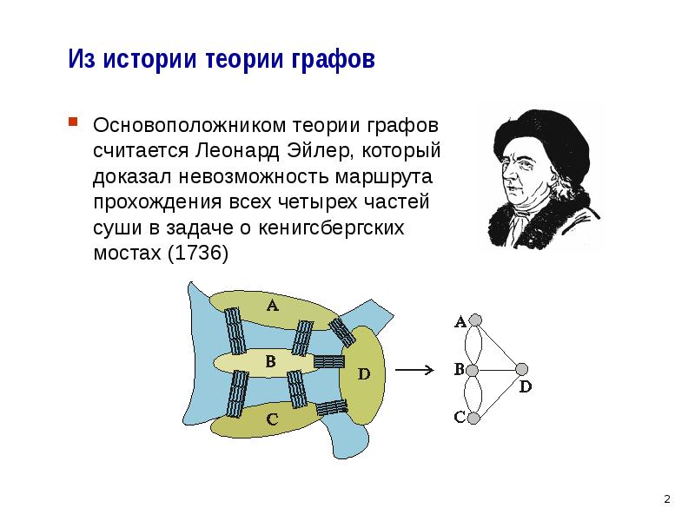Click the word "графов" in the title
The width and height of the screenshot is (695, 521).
(x=333, y=59)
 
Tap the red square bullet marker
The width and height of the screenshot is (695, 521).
(x=73, y=122)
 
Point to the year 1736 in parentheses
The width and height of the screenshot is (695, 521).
(x=198, y=253)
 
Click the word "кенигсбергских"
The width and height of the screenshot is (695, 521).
(x=331, y=228)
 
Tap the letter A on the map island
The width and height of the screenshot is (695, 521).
(x=272, y=305)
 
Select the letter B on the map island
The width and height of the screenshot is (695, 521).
(x=270, y=361)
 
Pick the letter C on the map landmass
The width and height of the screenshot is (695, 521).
(x=272, y=419)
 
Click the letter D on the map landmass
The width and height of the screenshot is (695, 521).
(x=363, y=374)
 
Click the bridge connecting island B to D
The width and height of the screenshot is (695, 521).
(x=329, y=361)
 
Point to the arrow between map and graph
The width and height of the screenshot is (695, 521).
(x=414, y=370)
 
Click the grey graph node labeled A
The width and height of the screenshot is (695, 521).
(x=475, y=320)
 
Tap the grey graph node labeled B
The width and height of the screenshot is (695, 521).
(x=473, y=370)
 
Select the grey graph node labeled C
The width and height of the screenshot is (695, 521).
(x=473, y=419)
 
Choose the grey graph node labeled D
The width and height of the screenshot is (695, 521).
(x=522, y=369)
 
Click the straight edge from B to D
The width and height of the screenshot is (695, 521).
(x=497, y=370)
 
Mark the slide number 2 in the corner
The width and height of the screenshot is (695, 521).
(x=667, y=498)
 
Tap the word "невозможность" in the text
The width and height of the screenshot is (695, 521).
(x=254, y=176)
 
